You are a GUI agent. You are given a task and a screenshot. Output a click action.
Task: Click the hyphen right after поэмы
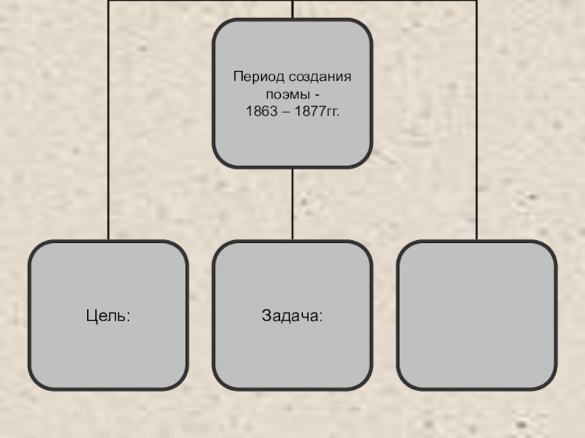tap(317, 96)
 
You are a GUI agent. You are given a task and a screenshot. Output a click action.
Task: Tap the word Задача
tap(290, 315)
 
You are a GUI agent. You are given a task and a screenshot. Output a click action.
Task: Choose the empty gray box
tap(477, 315)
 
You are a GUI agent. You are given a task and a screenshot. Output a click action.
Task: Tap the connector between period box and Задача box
tap(292, 204)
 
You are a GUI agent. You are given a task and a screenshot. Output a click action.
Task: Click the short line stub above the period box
tap(292, 9)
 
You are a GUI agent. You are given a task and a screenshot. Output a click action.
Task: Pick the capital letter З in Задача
tap(266, 315)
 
